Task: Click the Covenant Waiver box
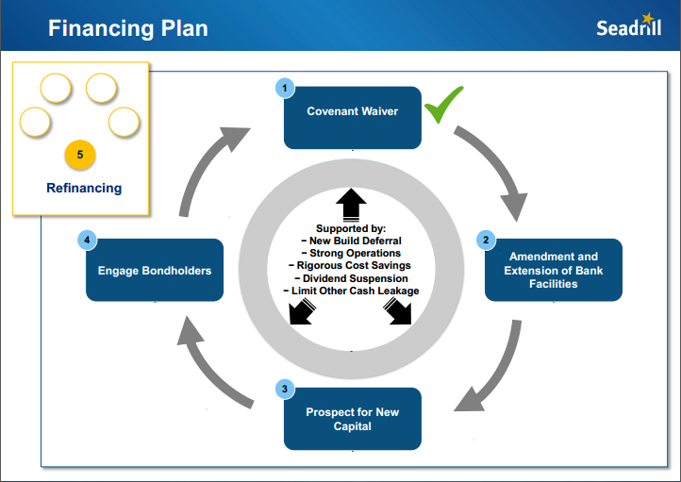point(352,118)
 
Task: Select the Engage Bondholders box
point(155,270)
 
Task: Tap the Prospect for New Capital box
point(352,419)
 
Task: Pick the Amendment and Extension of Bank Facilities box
point(554,270)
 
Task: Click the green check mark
point(443,105)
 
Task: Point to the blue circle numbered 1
point(285,88)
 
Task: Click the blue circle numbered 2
point(486,241)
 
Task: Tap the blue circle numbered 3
point(285,389)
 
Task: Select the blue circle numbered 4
point(88,241)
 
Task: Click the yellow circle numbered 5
point(80,155)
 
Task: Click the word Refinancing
point(84,188)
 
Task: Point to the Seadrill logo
point(629,26)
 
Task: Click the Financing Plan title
point(128,28)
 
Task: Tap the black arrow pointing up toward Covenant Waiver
point(351,205)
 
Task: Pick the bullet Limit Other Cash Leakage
point(352,291)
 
